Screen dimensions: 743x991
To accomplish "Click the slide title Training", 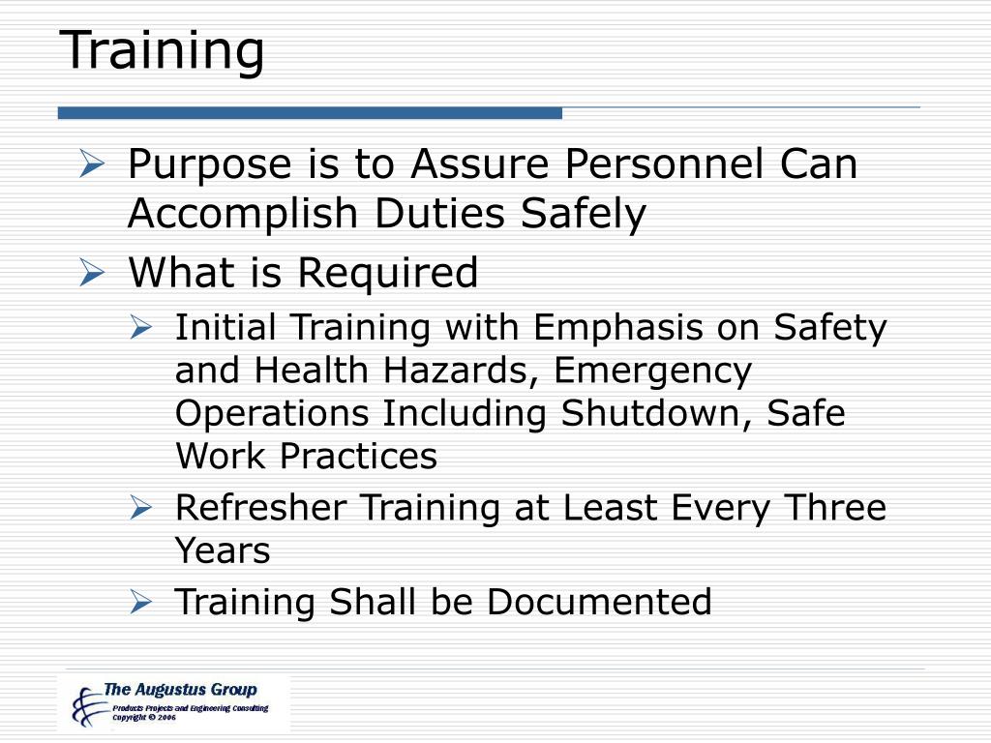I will (x=164, y=50).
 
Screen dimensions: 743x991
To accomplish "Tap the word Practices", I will (x=359, y=456).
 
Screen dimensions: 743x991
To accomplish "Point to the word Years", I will (x=223, y=550).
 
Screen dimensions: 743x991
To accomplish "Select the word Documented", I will (x=599, y=602).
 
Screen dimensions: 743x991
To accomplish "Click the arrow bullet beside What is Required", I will (x=91, y=274).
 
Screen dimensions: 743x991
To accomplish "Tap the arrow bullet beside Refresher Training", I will (x=141, y=508).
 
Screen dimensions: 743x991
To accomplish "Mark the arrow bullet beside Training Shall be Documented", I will (x=141, y=603).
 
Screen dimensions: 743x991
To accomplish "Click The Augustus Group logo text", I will (x=180, y=690).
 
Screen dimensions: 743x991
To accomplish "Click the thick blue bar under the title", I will (x=310, y=113).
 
